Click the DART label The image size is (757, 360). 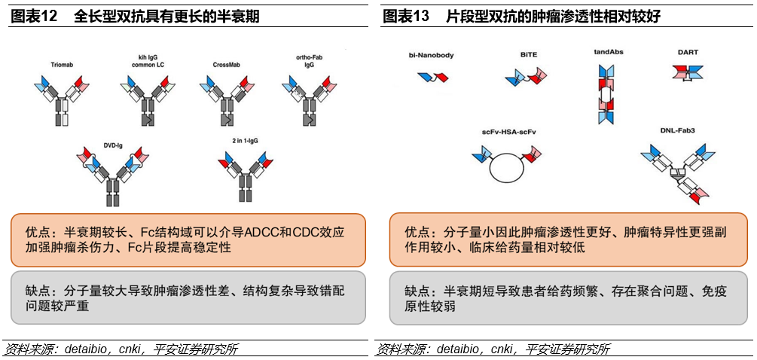click(688, 52)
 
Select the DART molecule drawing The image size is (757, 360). click(687, 72)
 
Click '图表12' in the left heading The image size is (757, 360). click(34, 17)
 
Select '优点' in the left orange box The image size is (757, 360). click(38, 231)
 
